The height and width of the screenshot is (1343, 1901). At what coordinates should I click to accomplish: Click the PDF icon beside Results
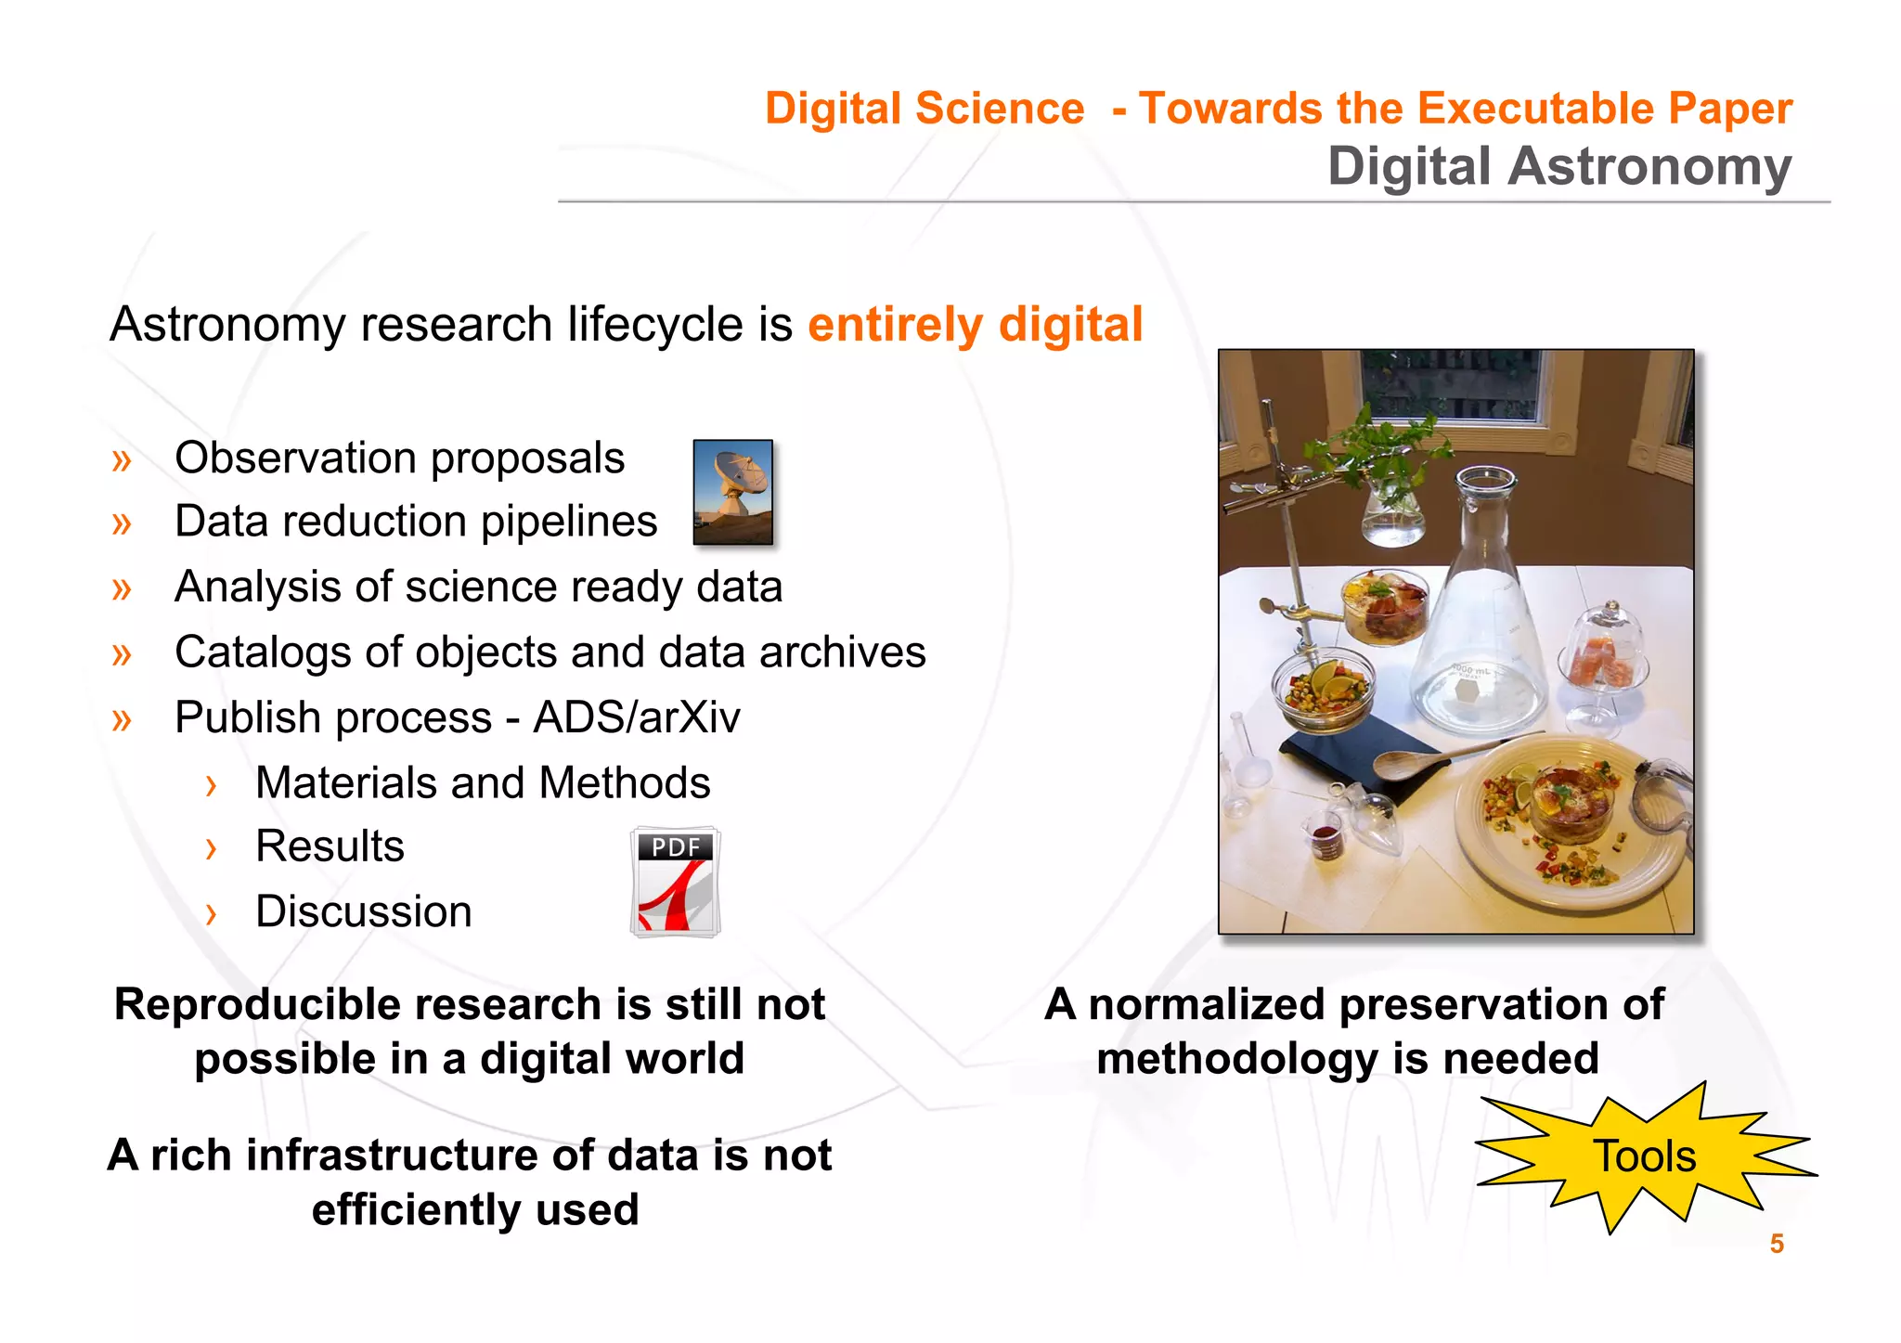coord(676,882)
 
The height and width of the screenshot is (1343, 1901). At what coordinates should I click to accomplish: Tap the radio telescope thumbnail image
coord(732,492)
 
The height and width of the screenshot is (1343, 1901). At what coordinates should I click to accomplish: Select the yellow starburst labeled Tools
coord(1644,1156)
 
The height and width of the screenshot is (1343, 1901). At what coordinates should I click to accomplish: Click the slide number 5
coord(1777,1244)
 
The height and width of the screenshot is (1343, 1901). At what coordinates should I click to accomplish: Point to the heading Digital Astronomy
coord(1559,167)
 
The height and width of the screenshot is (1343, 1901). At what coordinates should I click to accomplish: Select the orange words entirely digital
coord(975,325)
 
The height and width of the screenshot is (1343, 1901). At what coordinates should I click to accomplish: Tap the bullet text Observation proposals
coord(399,458)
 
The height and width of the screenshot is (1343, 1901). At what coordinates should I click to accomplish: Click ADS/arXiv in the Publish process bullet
coord(637,717)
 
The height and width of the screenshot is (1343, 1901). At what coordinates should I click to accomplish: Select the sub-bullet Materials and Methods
coord(483,782)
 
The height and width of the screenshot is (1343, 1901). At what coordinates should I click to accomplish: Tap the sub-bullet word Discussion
coord(364,911)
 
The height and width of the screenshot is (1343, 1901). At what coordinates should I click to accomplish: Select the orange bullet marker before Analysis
coord(122,588)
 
